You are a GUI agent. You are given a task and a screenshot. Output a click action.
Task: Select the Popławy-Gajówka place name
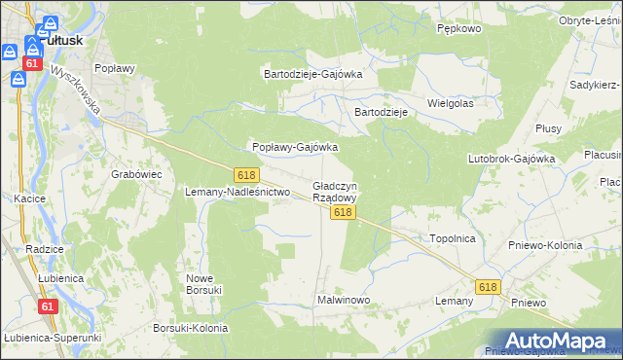coord(295,147)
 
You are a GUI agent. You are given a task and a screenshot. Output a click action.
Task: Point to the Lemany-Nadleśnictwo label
coord(238,192)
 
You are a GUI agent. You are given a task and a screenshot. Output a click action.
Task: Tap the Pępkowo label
coord(459,29)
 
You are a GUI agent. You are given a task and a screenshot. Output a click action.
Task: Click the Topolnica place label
coord(452,237)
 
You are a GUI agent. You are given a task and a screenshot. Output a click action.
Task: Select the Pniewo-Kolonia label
coord(545,245)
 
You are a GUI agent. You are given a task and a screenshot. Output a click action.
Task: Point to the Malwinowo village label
coord(344,300)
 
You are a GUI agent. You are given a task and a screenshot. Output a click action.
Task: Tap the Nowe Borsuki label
coord(204,283)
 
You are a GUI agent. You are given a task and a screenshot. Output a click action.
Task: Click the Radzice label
coord(45,249)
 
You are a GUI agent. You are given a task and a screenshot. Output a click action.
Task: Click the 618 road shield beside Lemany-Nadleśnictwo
coord(246,174)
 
